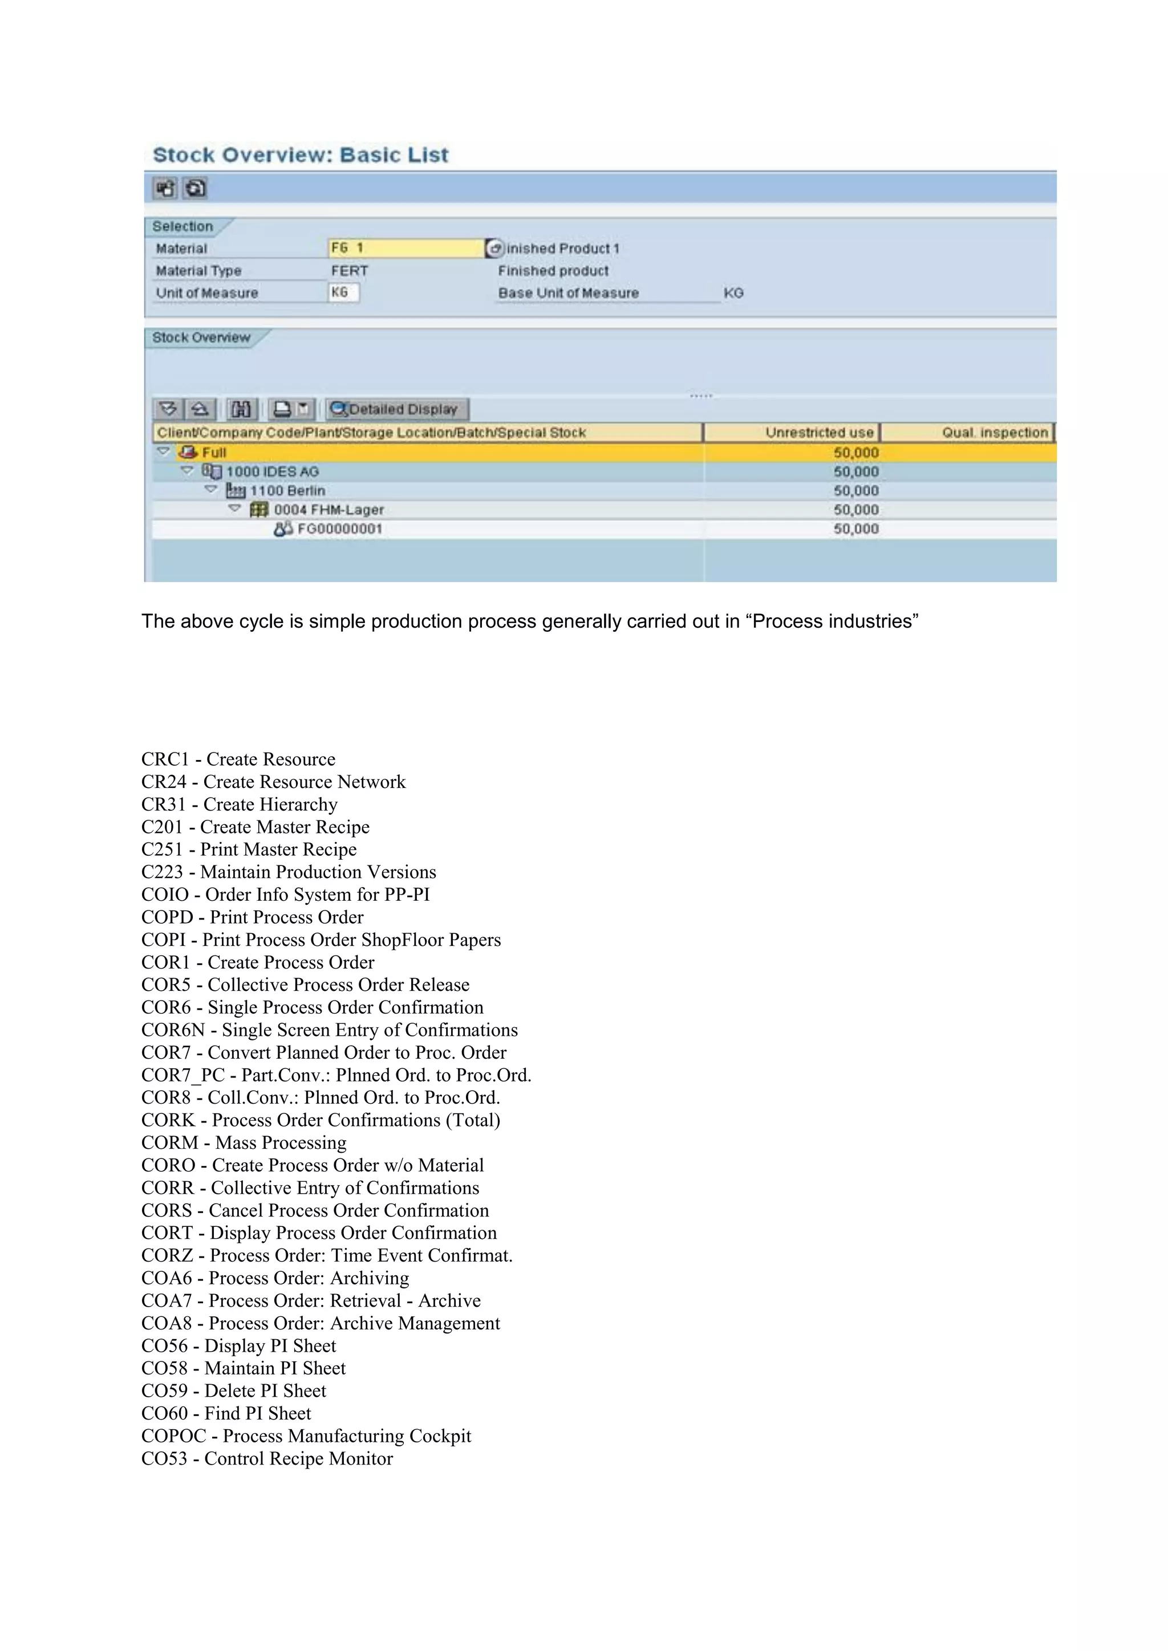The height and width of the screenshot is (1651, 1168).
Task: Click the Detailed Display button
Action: click(397, 409)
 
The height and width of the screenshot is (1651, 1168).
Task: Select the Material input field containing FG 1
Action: click(405, 248)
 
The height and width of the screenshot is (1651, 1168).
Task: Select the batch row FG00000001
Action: click(339, 528)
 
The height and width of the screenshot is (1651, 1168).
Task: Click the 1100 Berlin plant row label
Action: click(287, 490)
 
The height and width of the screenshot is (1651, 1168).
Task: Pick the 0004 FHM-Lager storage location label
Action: click(328, 510)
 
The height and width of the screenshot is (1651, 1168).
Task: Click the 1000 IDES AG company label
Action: click(272, 471)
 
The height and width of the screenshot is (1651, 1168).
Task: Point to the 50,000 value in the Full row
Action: click(856, 452)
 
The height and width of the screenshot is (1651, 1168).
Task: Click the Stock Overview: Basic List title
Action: click(301, 154)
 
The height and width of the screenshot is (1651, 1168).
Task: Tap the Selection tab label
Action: click(182, 226)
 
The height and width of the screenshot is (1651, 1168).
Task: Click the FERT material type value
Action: click(350, 270)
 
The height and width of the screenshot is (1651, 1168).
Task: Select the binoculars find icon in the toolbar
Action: click(241, 409)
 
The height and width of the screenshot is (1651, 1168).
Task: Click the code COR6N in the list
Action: click(173, 1030)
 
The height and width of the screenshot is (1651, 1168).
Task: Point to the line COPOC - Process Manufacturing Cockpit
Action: click(306, 1436)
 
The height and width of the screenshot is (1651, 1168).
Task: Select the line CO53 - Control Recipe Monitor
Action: click(267, 1458)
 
